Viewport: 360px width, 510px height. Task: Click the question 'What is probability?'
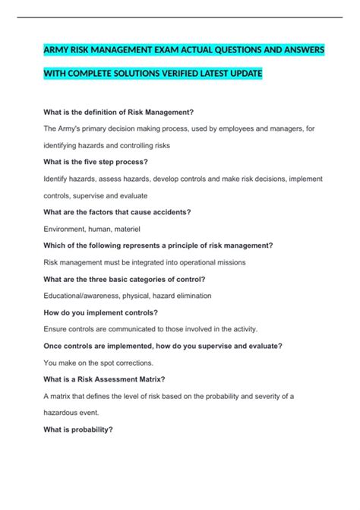click(x=78, y=429)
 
